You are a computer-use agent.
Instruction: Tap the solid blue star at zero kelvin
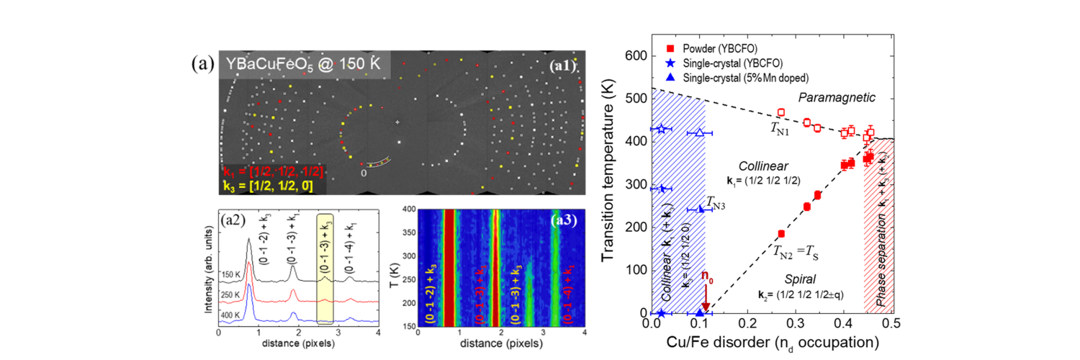click(662, 313)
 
